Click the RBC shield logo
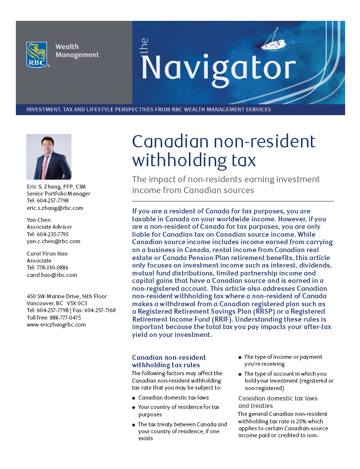click(37, 55)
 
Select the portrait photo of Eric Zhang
click(49, 157)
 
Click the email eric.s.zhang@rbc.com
click(55, 208)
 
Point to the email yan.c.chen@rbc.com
click(53, 241)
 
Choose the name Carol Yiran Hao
click(47, 254)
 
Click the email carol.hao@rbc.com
click(52, 274)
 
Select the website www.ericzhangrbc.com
click(56, 325)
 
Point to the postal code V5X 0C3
click(77, 303)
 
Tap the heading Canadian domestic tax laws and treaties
click(278, 402)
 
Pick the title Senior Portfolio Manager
click(59, 194)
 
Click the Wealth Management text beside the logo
click(77, 51)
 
